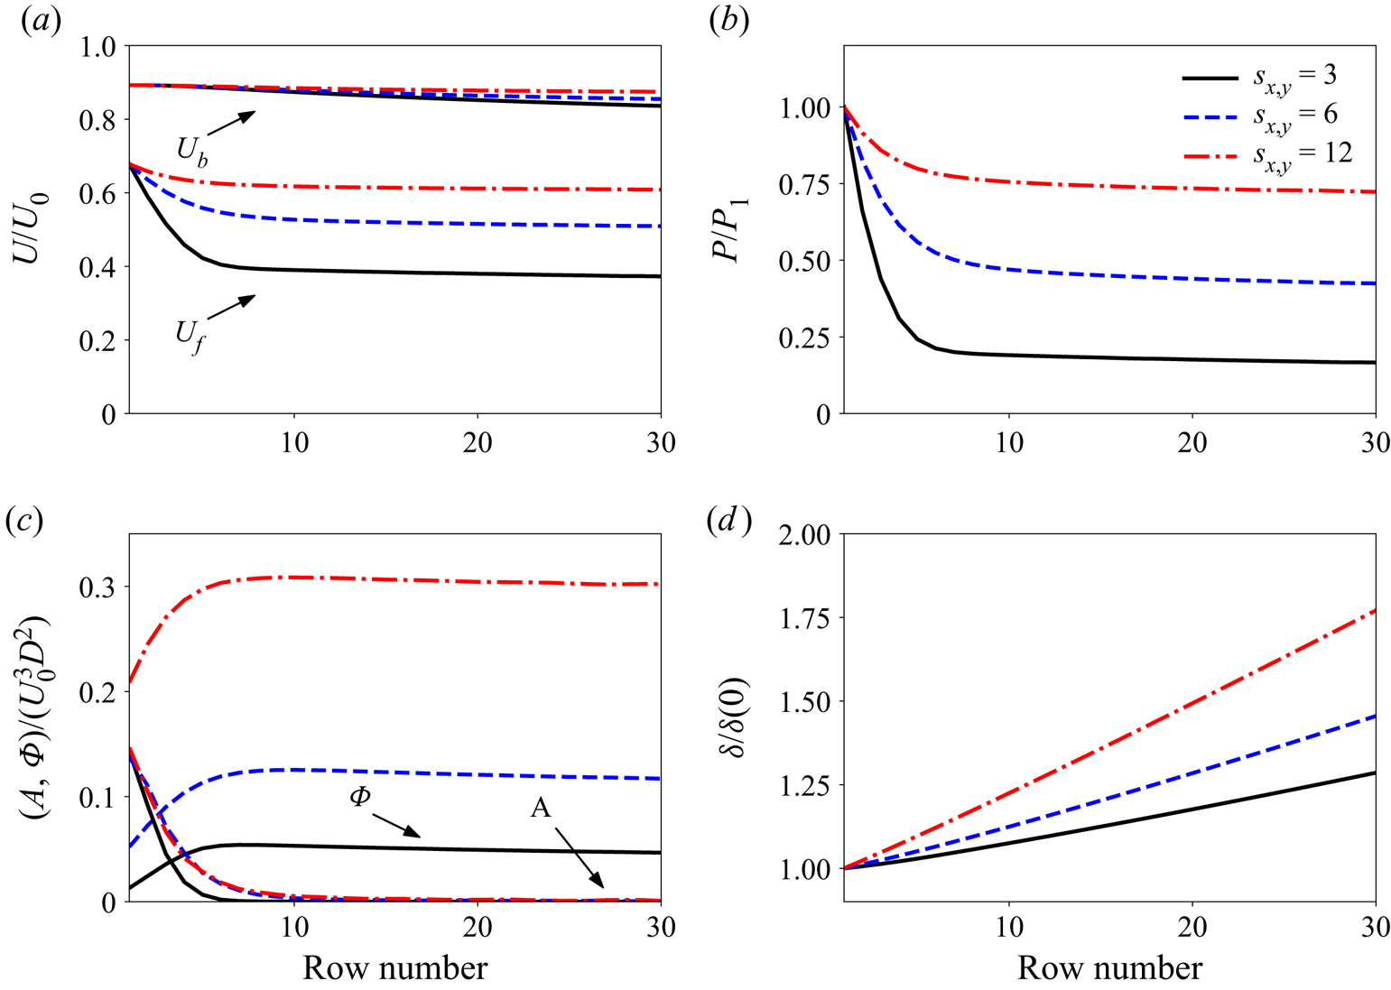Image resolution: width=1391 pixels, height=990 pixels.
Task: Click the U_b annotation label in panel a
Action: (x=191, y=153)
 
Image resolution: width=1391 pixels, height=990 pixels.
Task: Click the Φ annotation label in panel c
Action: (x=360, y=798)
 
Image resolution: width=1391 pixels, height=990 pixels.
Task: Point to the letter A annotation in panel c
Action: (x=540, y=808)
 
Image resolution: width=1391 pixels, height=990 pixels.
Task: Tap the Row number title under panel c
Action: (x=395, y=968)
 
